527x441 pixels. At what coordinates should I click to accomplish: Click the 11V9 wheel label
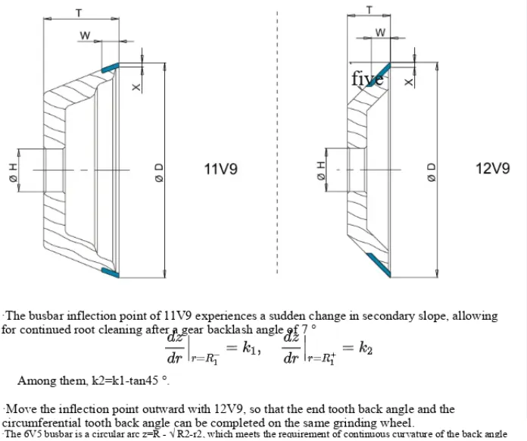221,169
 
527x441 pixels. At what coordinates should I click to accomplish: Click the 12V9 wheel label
492,169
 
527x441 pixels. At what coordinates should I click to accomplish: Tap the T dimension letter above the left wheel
78,13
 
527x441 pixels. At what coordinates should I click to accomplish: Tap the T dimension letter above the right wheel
369,10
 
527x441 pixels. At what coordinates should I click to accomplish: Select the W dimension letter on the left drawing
85,35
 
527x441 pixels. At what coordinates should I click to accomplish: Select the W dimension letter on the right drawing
380,33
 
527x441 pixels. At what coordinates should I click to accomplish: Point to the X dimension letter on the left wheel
137,87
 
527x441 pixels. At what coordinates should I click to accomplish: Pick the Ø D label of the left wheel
158,170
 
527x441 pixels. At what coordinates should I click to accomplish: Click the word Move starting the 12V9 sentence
21,409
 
